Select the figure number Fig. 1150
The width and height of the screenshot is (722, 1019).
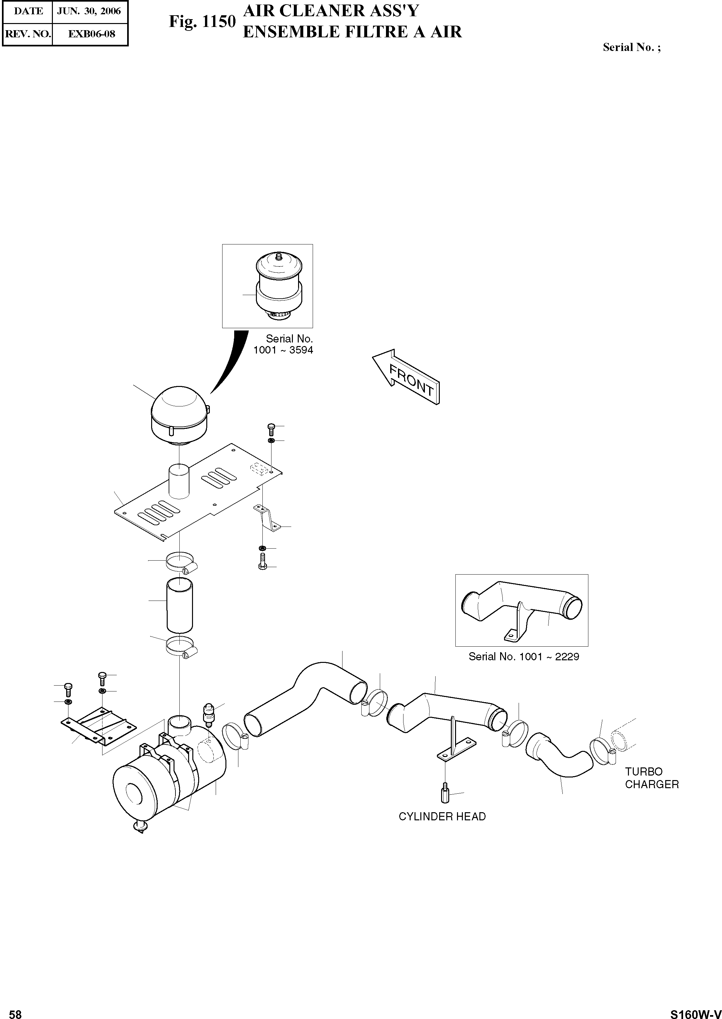[x=202, y=21]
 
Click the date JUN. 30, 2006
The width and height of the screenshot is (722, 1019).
[x=89, y=11]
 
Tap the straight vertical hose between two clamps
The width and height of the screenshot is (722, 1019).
[x=180, y=605]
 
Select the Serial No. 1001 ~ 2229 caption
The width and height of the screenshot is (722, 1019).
[x=524, y=657]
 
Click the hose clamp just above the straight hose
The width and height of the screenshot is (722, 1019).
[x=180, y=562]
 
